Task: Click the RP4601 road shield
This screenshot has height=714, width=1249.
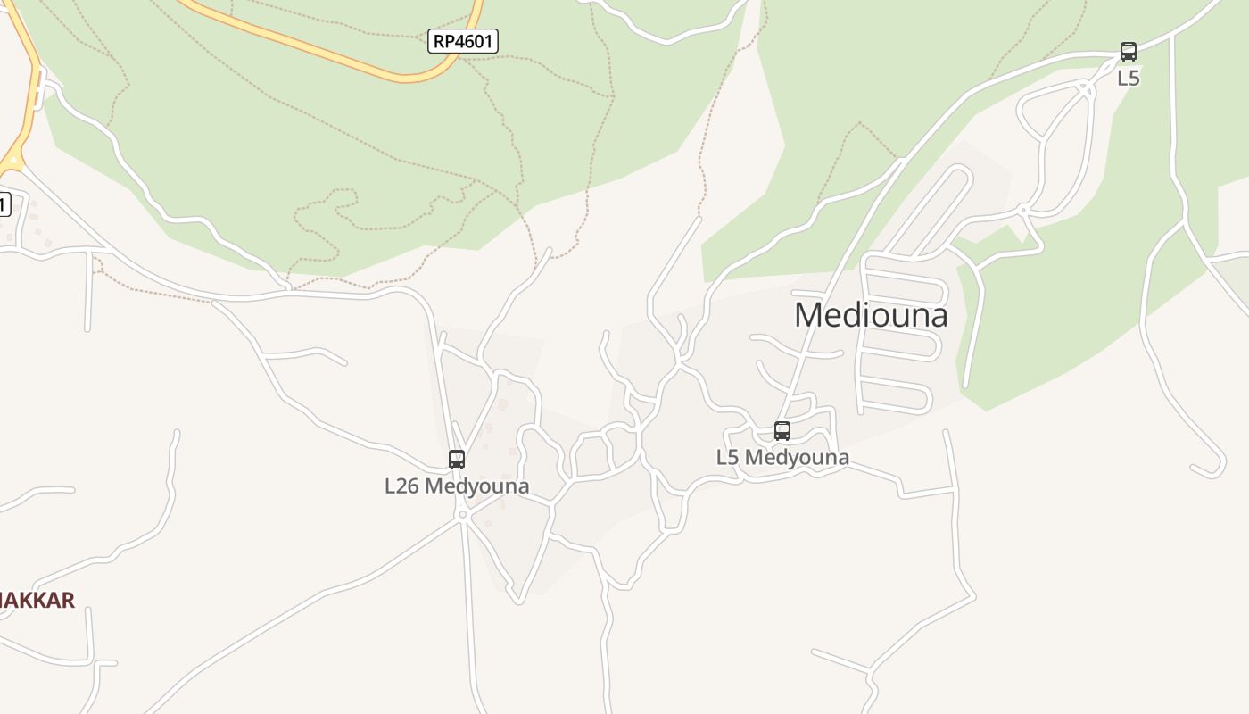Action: click(462, 40)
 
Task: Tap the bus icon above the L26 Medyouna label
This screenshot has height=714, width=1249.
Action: click(457, 460)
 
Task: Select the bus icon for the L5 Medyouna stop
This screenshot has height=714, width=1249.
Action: click(782, 431)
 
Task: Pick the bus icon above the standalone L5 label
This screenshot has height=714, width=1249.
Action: click(1129, 52)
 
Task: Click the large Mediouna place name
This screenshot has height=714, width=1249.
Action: click(871, 315)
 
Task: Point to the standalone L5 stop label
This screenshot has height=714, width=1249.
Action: click(1129, 78)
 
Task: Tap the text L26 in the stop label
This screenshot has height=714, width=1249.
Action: click(401, 486)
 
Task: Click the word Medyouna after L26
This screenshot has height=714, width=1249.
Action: click(477, 486)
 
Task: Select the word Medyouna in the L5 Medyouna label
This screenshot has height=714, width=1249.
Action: click(797, 458)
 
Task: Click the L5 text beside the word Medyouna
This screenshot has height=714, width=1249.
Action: click(727, 458)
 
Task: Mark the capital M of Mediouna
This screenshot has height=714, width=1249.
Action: click(807, 315)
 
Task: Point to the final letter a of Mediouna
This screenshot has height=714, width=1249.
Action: click(938, 316)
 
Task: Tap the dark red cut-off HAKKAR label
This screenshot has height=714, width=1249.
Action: click(36, 600)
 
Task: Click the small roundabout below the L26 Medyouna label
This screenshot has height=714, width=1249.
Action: click(462, 514)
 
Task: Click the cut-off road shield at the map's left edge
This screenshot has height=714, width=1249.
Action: click(4, 204)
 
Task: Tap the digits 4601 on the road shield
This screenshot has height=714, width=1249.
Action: click(474, 40)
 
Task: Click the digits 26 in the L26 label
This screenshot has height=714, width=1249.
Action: click(409, 486)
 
